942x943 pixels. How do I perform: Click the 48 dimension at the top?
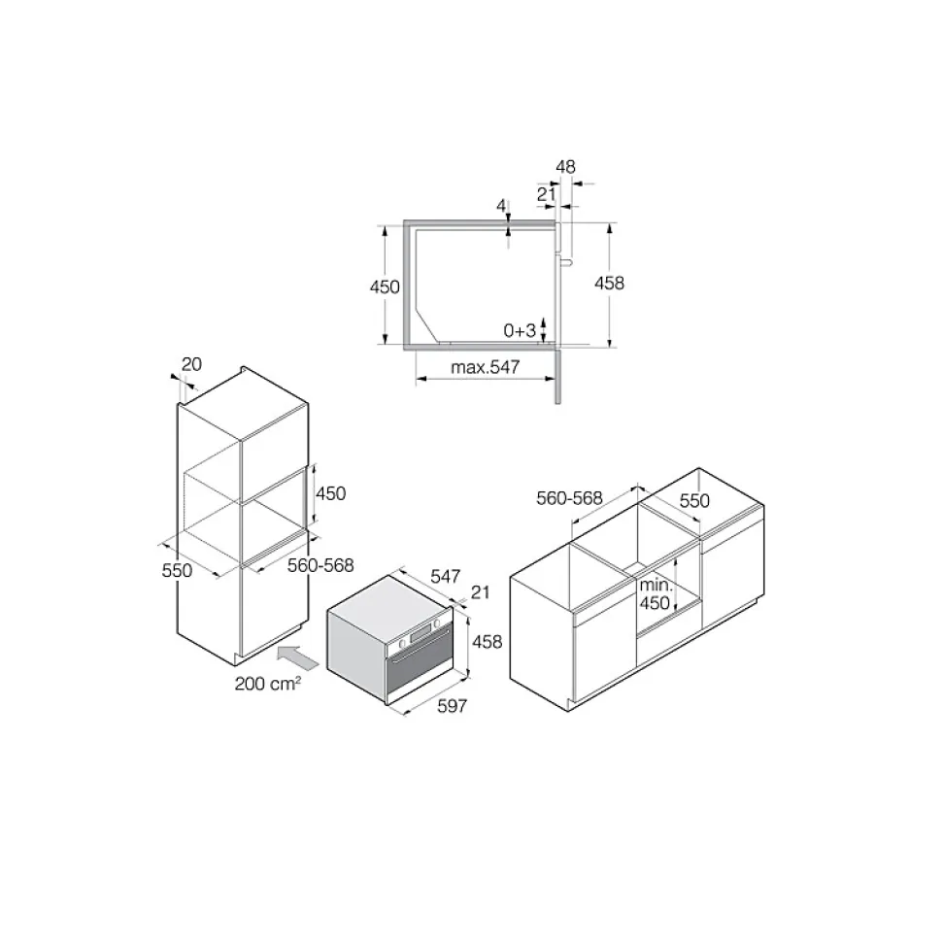(x=565, y=167)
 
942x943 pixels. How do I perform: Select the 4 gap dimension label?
(x=501, y=206)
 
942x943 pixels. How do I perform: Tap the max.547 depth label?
(x=485, y=367)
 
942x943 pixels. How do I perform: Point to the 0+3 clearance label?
(x=520, y=330)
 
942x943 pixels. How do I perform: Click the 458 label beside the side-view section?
(x=609, y=283)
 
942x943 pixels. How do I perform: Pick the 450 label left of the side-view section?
(x=385, y=286)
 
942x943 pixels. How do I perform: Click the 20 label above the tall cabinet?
(x=191, y=364)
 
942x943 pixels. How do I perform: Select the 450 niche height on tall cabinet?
(x=331, y=493)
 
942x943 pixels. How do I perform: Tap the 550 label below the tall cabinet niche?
(x=177, y=570)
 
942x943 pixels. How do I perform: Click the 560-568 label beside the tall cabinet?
(x=320, y=565)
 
